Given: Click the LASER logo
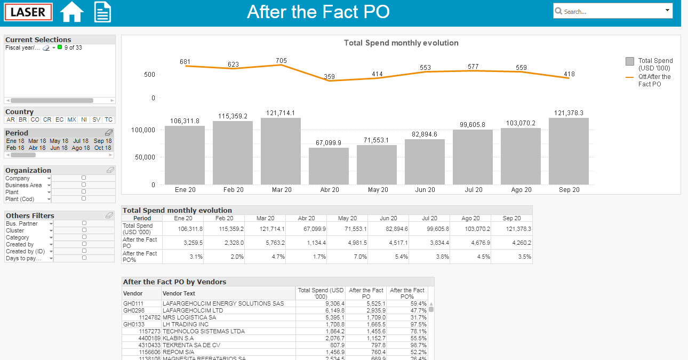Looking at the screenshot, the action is [x=28, y=12].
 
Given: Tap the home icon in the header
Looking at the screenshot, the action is [x=71, y=12].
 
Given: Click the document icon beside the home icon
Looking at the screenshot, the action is [x=102, y=12].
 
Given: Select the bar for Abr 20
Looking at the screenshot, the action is [x=329, y=166].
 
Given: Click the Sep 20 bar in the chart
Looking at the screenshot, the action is [x=569, y=151].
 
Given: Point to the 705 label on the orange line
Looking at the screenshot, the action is [x=281, y=60].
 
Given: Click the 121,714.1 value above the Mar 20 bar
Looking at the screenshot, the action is [x=281, y=113].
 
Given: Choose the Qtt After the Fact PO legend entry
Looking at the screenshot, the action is [x=649, y=80].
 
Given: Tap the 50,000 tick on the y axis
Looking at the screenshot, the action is [x=145, y=157].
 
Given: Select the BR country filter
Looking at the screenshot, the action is [x=23, y=119].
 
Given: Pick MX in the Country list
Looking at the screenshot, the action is [x=71, y=119].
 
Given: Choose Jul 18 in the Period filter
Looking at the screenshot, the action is [x=81, y=141].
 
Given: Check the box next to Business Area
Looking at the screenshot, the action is [x=84, y=185].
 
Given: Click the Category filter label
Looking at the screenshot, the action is [x=18, y=237].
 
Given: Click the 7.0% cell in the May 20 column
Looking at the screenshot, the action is [x=361, y=257].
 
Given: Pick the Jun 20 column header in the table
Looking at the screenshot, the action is [x=389, y=218].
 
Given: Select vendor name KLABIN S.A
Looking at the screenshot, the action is [x=178, y=338].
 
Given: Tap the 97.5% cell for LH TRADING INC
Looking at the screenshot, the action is [x=419, y=324].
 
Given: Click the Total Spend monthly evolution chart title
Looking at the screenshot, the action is [x=401, y=43].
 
